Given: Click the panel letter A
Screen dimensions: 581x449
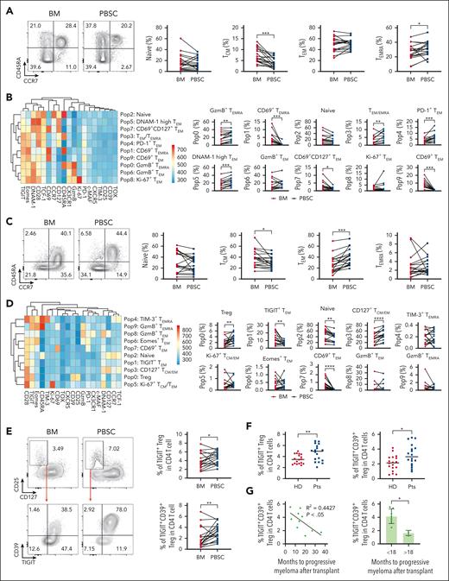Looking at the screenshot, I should [x=6, y=7].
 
